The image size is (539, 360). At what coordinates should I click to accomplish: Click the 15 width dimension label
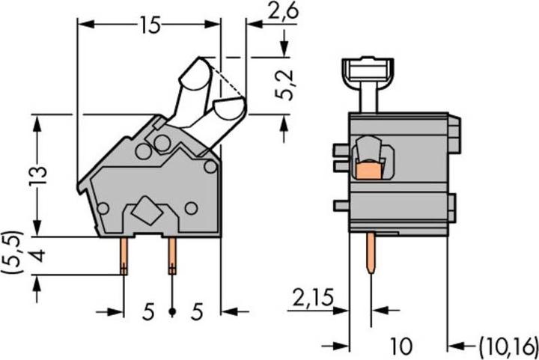tap(149, 25)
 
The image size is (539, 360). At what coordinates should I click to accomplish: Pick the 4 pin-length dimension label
tap(39, 257)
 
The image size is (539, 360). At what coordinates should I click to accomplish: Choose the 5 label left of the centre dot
tap(147, 311)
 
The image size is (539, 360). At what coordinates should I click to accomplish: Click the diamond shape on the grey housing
tap(147, 212)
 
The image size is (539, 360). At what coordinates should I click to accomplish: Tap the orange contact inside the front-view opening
tap(366, 172)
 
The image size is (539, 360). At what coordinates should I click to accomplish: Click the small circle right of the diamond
tap(192, 208)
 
